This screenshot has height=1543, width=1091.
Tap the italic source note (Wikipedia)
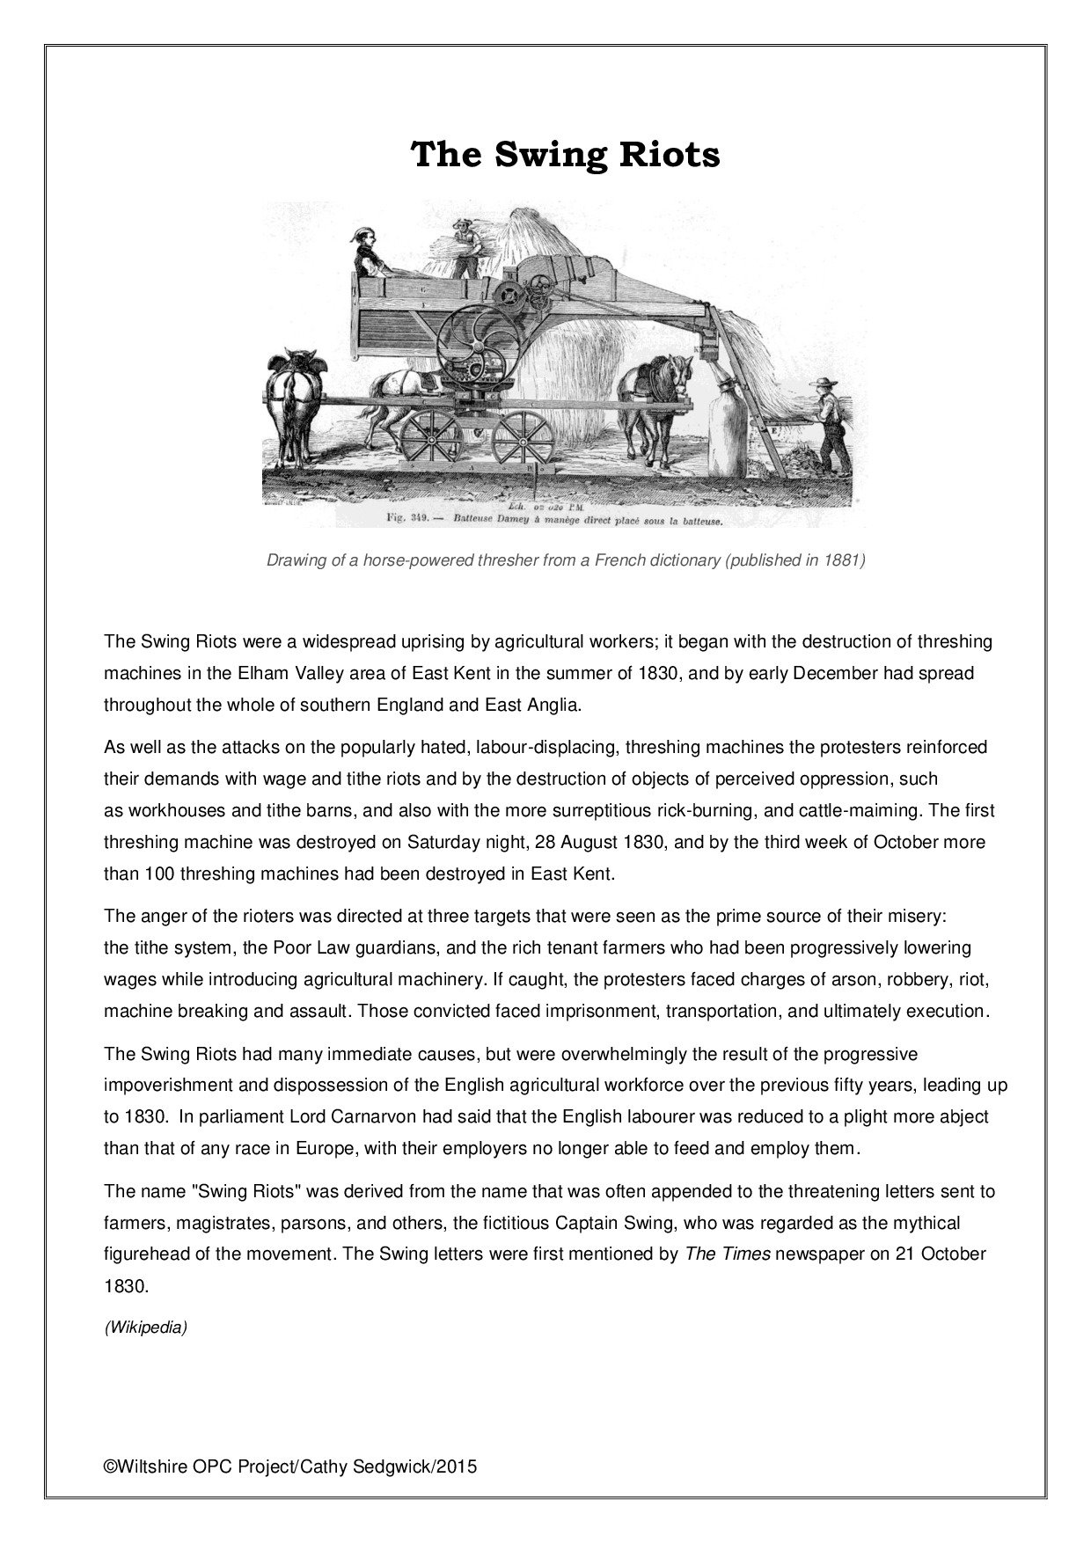[146, 1327]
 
